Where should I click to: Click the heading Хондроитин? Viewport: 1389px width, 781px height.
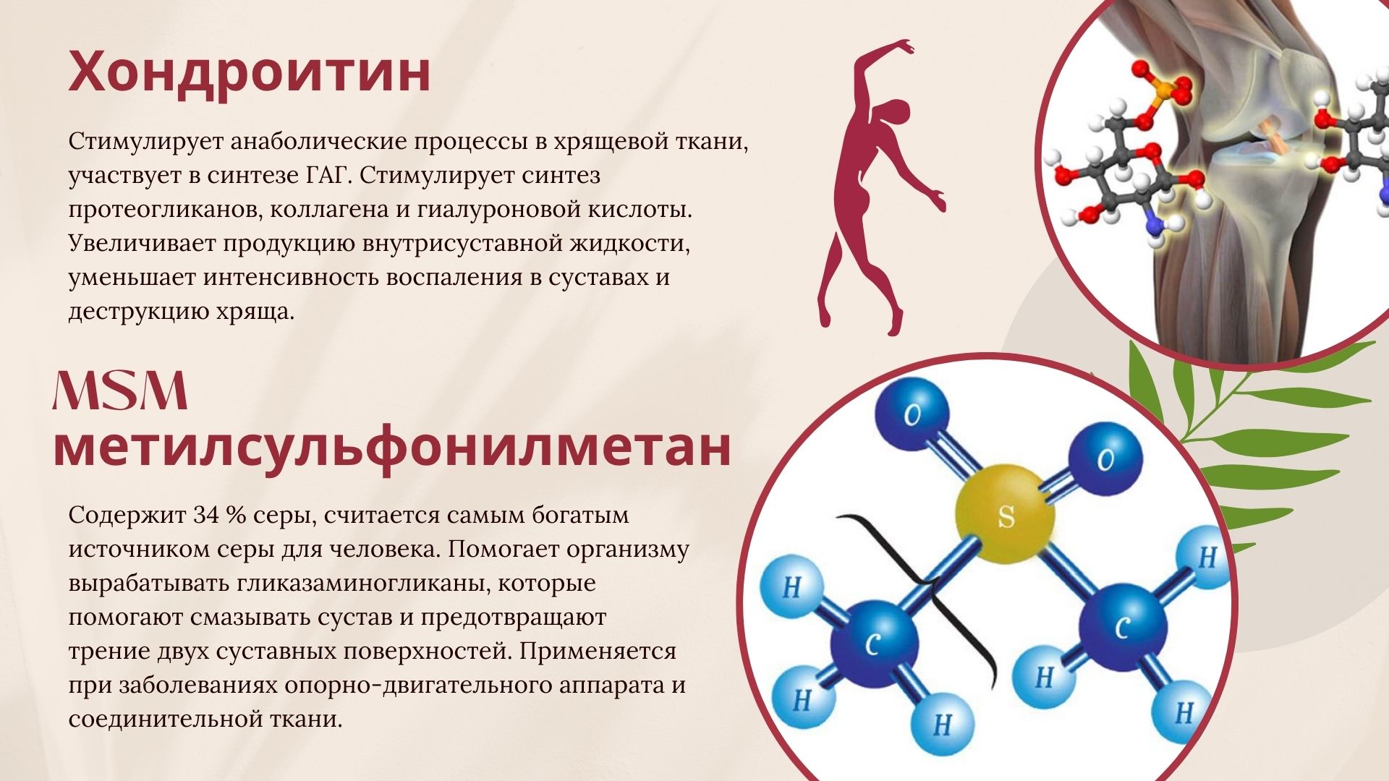[x=250, y=72]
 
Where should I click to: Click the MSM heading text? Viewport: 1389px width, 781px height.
[x=120, y=391]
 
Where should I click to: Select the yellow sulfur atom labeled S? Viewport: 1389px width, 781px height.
[x=1005, y=515]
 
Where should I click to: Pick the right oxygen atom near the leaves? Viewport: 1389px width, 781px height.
[x=1105, y=459]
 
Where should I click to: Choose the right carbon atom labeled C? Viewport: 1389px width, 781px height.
[x=1122, y=626]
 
